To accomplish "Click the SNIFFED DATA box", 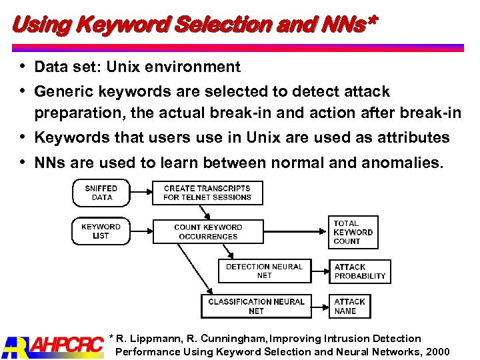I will point(101,193).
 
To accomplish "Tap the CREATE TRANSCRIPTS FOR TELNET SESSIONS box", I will point(207,193).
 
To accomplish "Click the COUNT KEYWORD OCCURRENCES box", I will point(208,231).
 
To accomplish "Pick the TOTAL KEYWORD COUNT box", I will point(353,232).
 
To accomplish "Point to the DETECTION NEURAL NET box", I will point(264,271).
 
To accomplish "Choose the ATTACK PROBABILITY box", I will point(359,271).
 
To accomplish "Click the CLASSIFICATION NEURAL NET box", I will point(256,306).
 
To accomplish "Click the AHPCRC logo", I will point(52,345).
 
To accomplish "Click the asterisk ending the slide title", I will point(371,22).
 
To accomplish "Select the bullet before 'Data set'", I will point(23,67).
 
